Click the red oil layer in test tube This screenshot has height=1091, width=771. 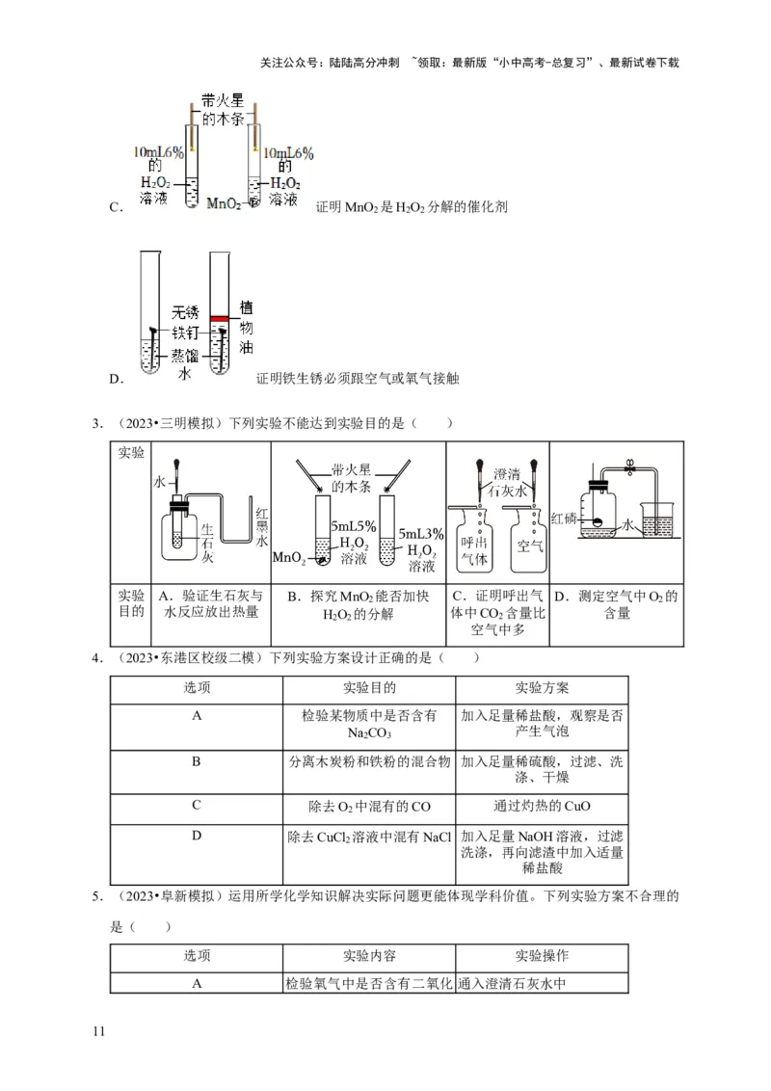coord(219,318)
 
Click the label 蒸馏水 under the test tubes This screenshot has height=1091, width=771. coord(184,364)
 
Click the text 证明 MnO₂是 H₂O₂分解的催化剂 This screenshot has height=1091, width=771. coord(412,206)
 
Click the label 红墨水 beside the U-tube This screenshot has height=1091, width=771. coord(261,526)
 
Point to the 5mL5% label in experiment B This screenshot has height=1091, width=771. coord(354,527)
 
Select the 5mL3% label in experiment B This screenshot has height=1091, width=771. coord(421,533)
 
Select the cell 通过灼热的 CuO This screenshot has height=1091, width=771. coord(542,806)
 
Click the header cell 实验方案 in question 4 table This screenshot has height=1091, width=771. coord(542,688)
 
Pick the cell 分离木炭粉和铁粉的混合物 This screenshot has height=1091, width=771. coord(369,761)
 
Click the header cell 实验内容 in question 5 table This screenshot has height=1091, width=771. coord(369,956)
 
